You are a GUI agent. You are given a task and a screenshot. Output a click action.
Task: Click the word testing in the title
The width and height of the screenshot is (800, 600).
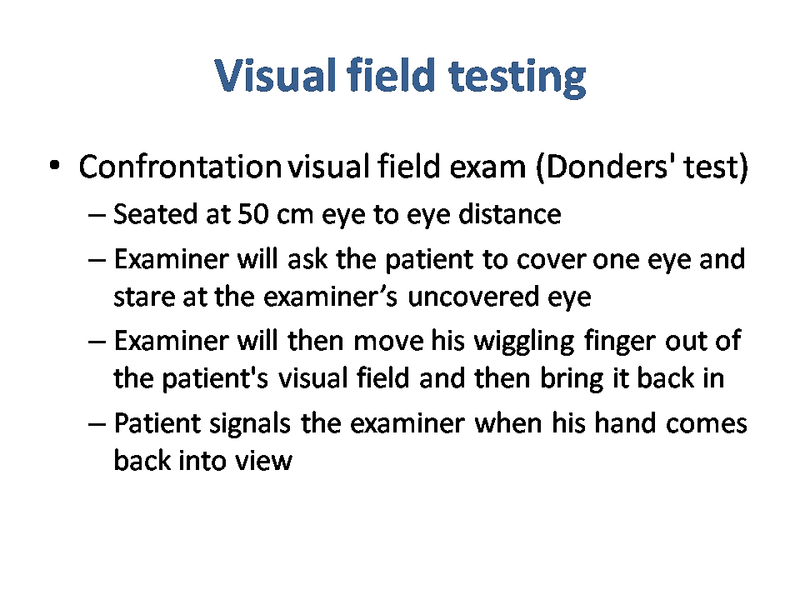click(517, 77)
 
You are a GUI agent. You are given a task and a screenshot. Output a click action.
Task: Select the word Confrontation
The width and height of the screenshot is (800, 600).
click(180, 167)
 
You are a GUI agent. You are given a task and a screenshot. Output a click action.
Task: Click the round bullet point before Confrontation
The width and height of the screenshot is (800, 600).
click(55, 165)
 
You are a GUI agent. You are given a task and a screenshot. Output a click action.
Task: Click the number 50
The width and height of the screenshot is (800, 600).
click(253, 214)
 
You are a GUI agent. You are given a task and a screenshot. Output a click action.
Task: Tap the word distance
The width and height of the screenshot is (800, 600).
click(510, 213)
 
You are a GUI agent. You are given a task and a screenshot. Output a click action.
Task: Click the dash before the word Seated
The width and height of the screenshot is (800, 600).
click(97, 215)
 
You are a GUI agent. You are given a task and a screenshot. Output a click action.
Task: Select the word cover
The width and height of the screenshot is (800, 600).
click(550, 260)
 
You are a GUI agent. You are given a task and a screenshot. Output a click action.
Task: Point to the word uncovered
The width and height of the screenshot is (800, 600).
click(473, 297)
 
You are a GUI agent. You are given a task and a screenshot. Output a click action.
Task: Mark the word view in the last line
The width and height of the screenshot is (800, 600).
click(263, 461)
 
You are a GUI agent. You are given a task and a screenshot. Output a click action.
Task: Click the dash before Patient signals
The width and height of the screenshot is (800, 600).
click(97, 424)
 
